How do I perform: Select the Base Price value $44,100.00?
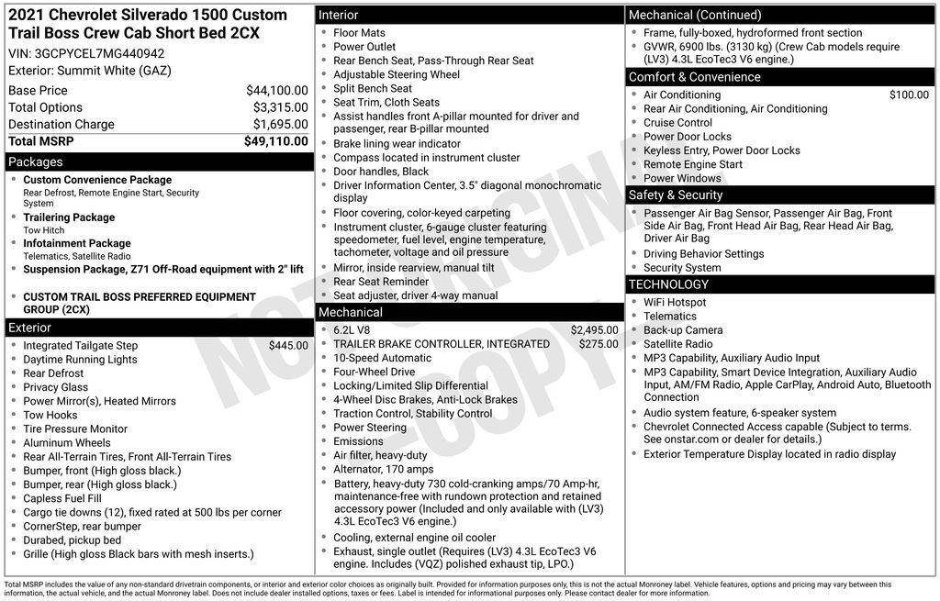tap(276, 91)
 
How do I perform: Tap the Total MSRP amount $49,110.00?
tap(275, 141)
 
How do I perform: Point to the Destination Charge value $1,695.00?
tap(280, 125)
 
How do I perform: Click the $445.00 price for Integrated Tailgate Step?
tap(288, 346)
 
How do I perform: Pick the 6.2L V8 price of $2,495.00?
tap(594, 330)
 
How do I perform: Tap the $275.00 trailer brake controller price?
tap(598, 344)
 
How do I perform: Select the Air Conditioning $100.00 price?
tap(909, 95)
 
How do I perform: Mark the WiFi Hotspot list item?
tap(675, 303)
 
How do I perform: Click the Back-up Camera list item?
tap(683, 330)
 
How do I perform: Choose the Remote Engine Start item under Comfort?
tap(693, 164)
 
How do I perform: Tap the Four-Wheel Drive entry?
tap(374, 373)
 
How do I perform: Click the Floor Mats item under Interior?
tap(359, 33)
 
